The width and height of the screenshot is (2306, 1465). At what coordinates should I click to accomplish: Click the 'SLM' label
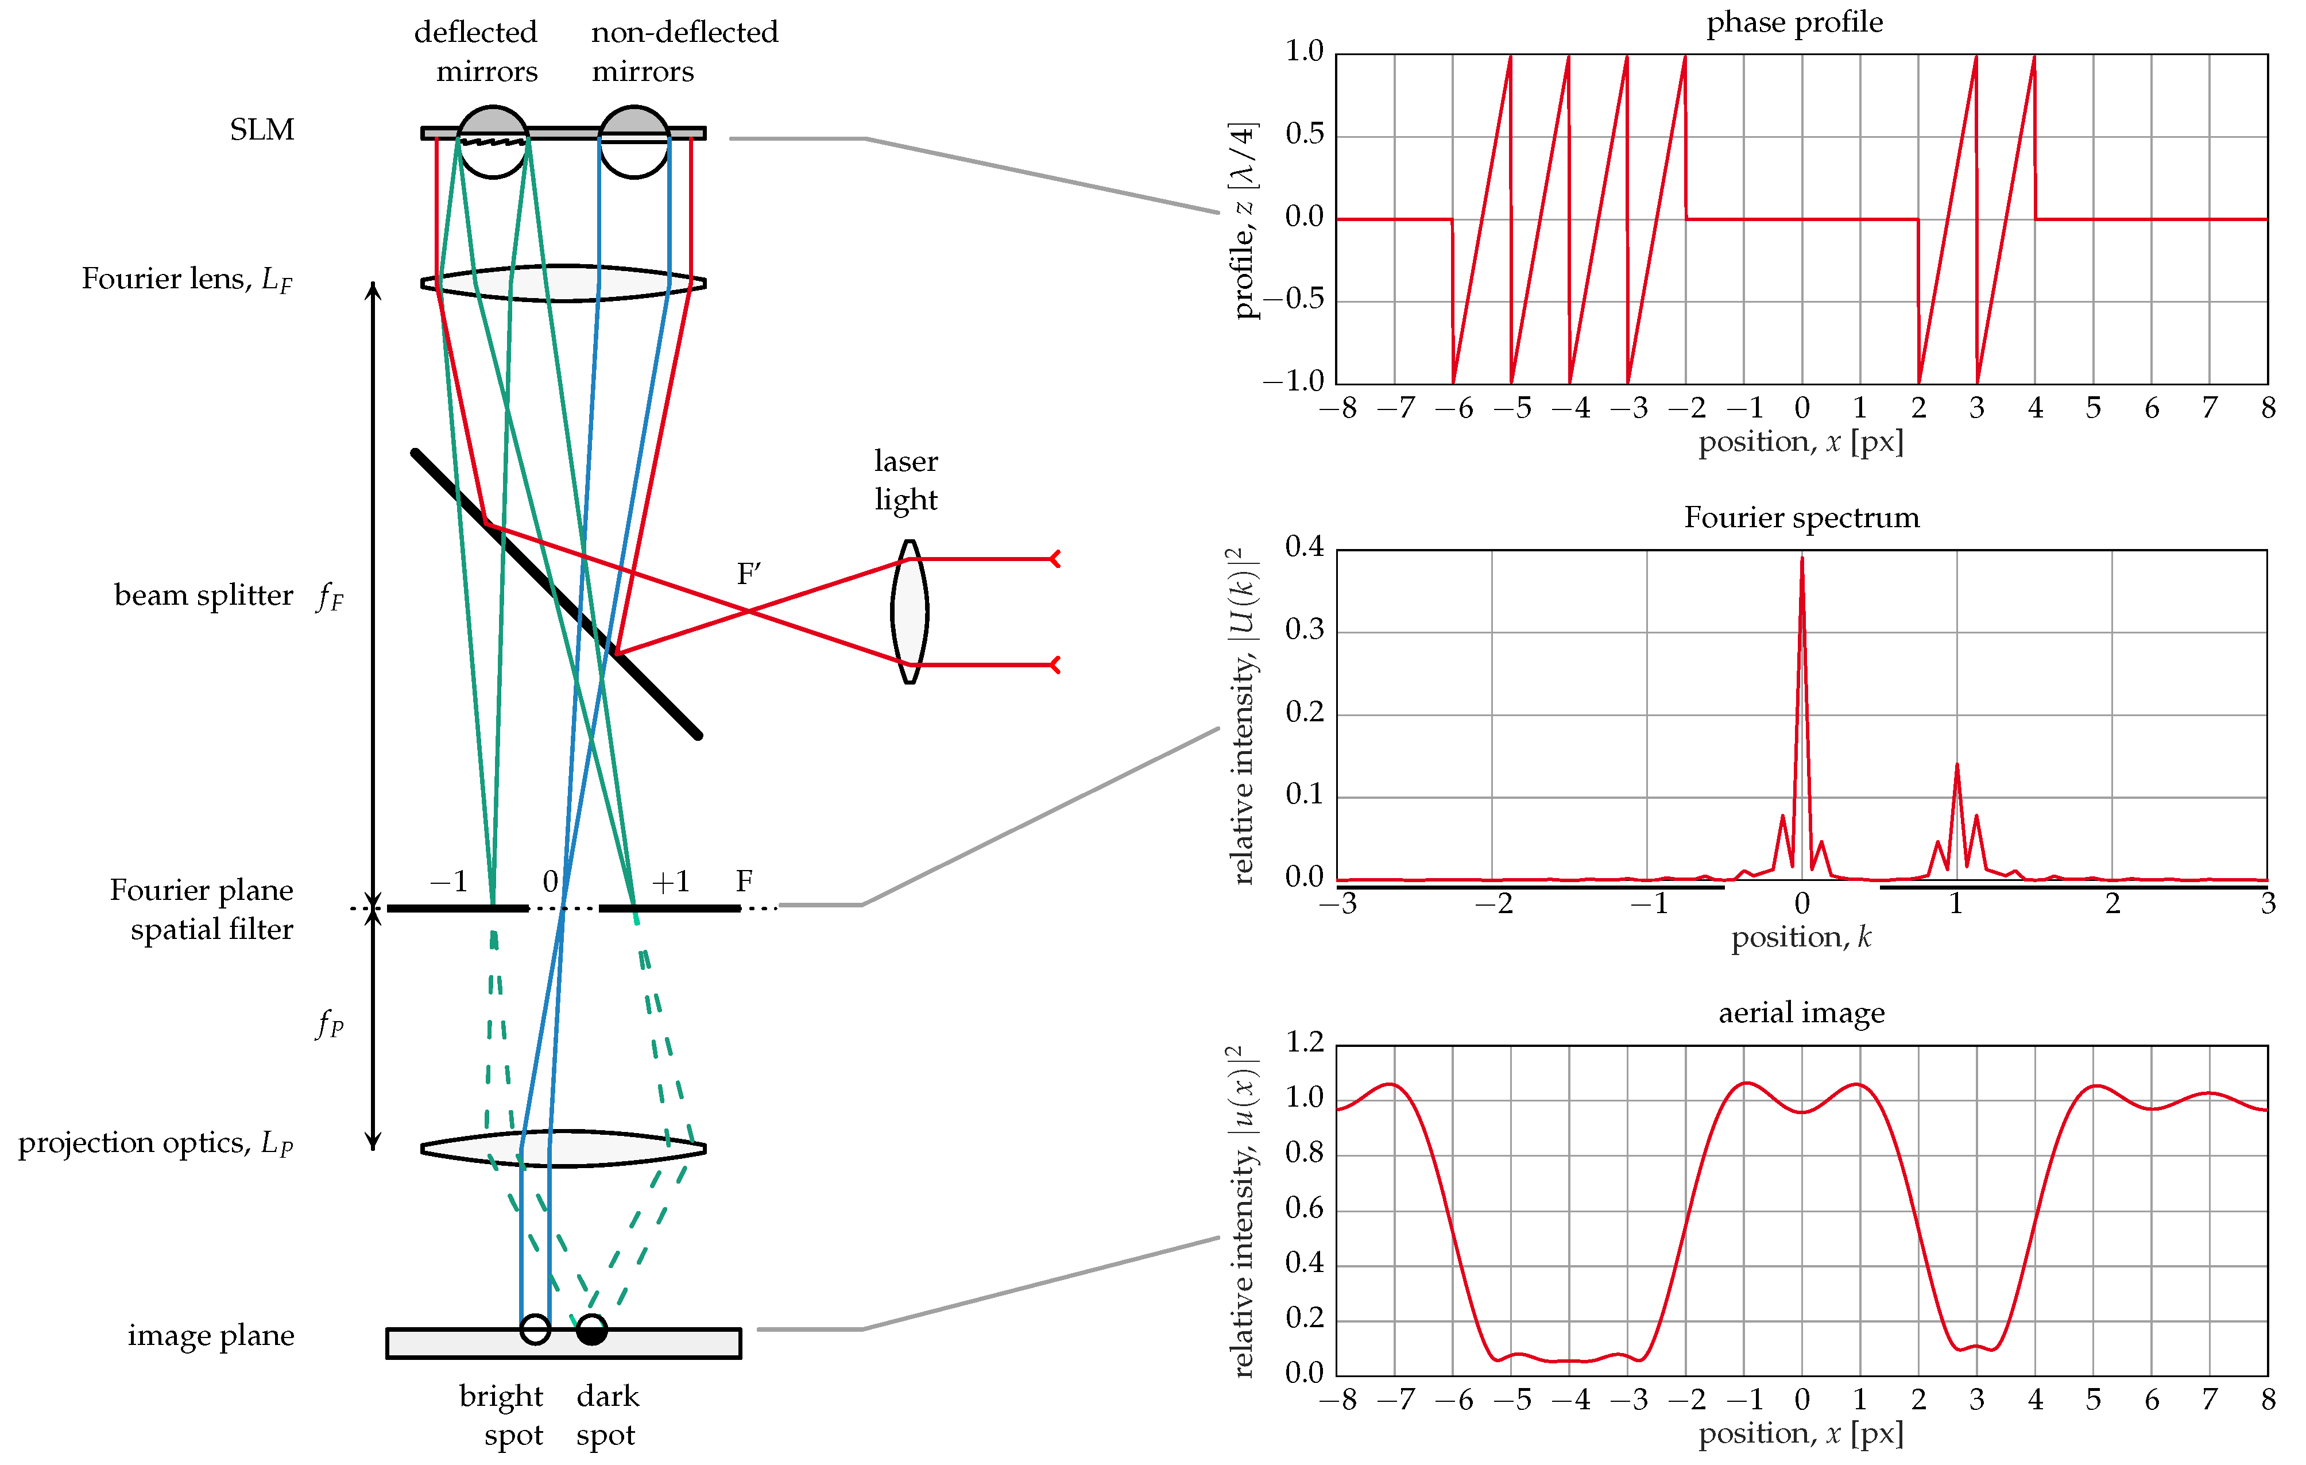coord(261,129)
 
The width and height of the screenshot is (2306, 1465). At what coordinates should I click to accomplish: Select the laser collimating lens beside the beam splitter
coord(909,611)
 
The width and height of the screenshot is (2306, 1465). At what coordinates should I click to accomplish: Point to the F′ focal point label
coord(748,574)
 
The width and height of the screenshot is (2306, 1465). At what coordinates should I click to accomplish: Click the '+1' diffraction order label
coord(670,881)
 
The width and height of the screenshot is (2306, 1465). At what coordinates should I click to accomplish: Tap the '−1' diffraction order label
coord(448,881)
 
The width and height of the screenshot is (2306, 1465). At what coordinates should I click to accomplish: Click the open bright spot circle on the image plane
coord(535,1329)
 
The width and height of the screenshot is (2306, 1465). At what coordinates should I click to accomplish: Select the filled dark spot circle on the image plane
coord(592,1329)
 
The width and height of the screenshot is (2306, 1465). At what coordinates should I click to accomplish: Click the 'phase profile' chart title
coord(1794,22)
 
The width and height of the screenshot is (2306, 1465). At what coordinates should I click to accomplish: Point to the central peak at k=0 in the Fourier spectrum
coord(1801,560)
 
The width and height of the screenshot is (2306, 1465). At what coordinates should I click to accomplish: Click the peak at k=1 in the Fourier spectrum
coord(1956,766)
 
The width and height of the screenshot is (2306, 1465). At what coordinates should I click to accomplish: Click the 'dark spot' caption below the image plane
coord(607,1415)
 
